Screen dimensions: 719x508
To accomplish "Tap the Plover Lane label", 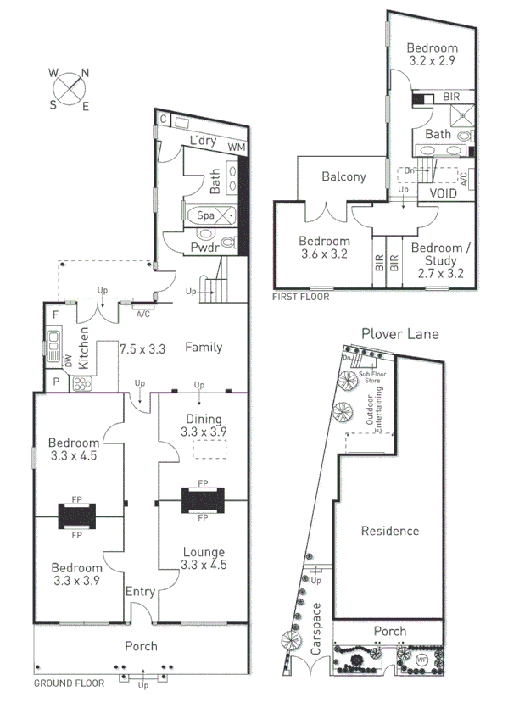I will pos(399,334).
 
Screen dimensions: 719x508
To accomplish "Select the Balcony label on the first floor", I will pos(343,177).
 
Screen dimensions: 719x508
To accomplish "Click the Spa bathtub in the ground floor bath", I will pos(206,215).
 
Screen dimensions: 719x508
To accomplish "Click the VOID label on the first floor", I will pos(443,193).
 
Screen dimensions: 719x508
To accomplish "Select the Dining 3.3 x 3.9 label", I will pos(202,426).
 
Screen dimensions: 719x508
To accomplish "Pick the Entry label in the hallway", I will pos(139,591).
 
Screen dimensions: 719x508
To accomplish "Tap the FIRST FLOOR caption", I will pos(300,298).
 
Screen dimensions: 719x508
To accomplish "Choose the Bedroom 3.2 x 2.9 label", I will pos(431,54).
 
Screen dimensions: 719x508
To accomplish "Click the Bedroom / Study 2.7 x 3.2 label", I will pos(437,260).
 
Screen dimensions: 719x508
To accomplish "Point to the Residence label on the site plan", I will pos(390,531).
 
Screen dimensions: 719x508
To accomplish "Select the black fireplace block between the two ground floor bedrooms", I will pos(76,516).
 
